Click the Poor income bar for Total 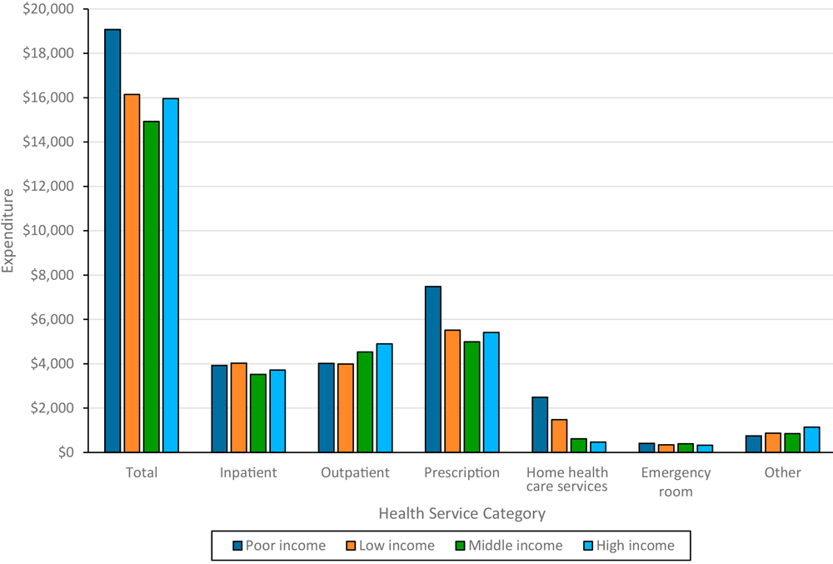tap(112, 241)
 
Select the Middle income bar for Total tap(151, 287)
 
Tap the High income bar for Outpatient tap(384, 398)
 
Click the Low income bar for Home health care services tap(559, 436)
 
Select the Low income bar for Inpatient tap(238, 407)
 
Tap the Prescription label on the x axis tap(461, 472)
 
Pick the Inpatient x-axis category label tap(248, 472)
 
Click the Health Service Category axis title tap(461, 513)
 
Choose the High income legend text tap(636, 546)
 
